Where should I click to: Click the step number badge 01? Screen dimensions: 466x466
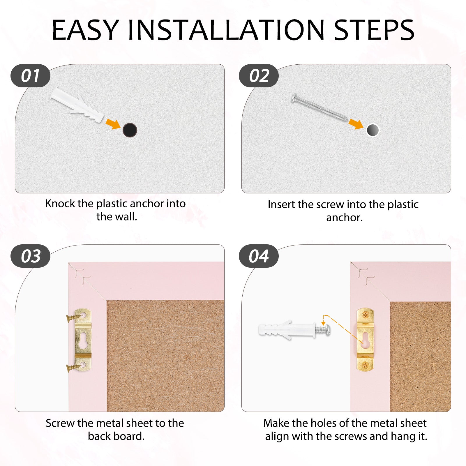(30, 76)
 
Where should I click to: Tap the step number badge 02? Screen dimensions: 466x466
(259, 76)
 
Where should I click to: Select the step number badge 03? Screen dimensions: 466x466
(30, 256)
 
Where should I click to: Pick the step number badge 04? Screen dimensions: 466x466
(259, 256)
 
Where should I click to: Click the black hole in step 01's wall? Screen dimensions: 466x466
(130, 130)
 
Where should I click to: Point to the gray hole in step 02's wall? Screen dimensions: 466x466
(373, 130)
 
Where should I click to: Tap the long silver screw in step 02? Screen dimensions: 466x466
(320, 108)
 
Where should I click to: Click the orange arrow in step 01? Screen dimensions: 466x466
(113, 123)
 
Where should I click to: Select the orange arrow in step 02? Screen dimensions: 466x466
(356, 123)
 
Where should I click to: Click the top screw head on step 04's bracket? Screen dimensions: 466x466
(365, 315)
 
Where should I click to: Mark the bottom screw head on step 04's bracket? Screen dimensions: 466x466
(365, 364)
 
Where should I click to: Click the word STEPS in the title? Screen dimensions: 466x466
(374, 30)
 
